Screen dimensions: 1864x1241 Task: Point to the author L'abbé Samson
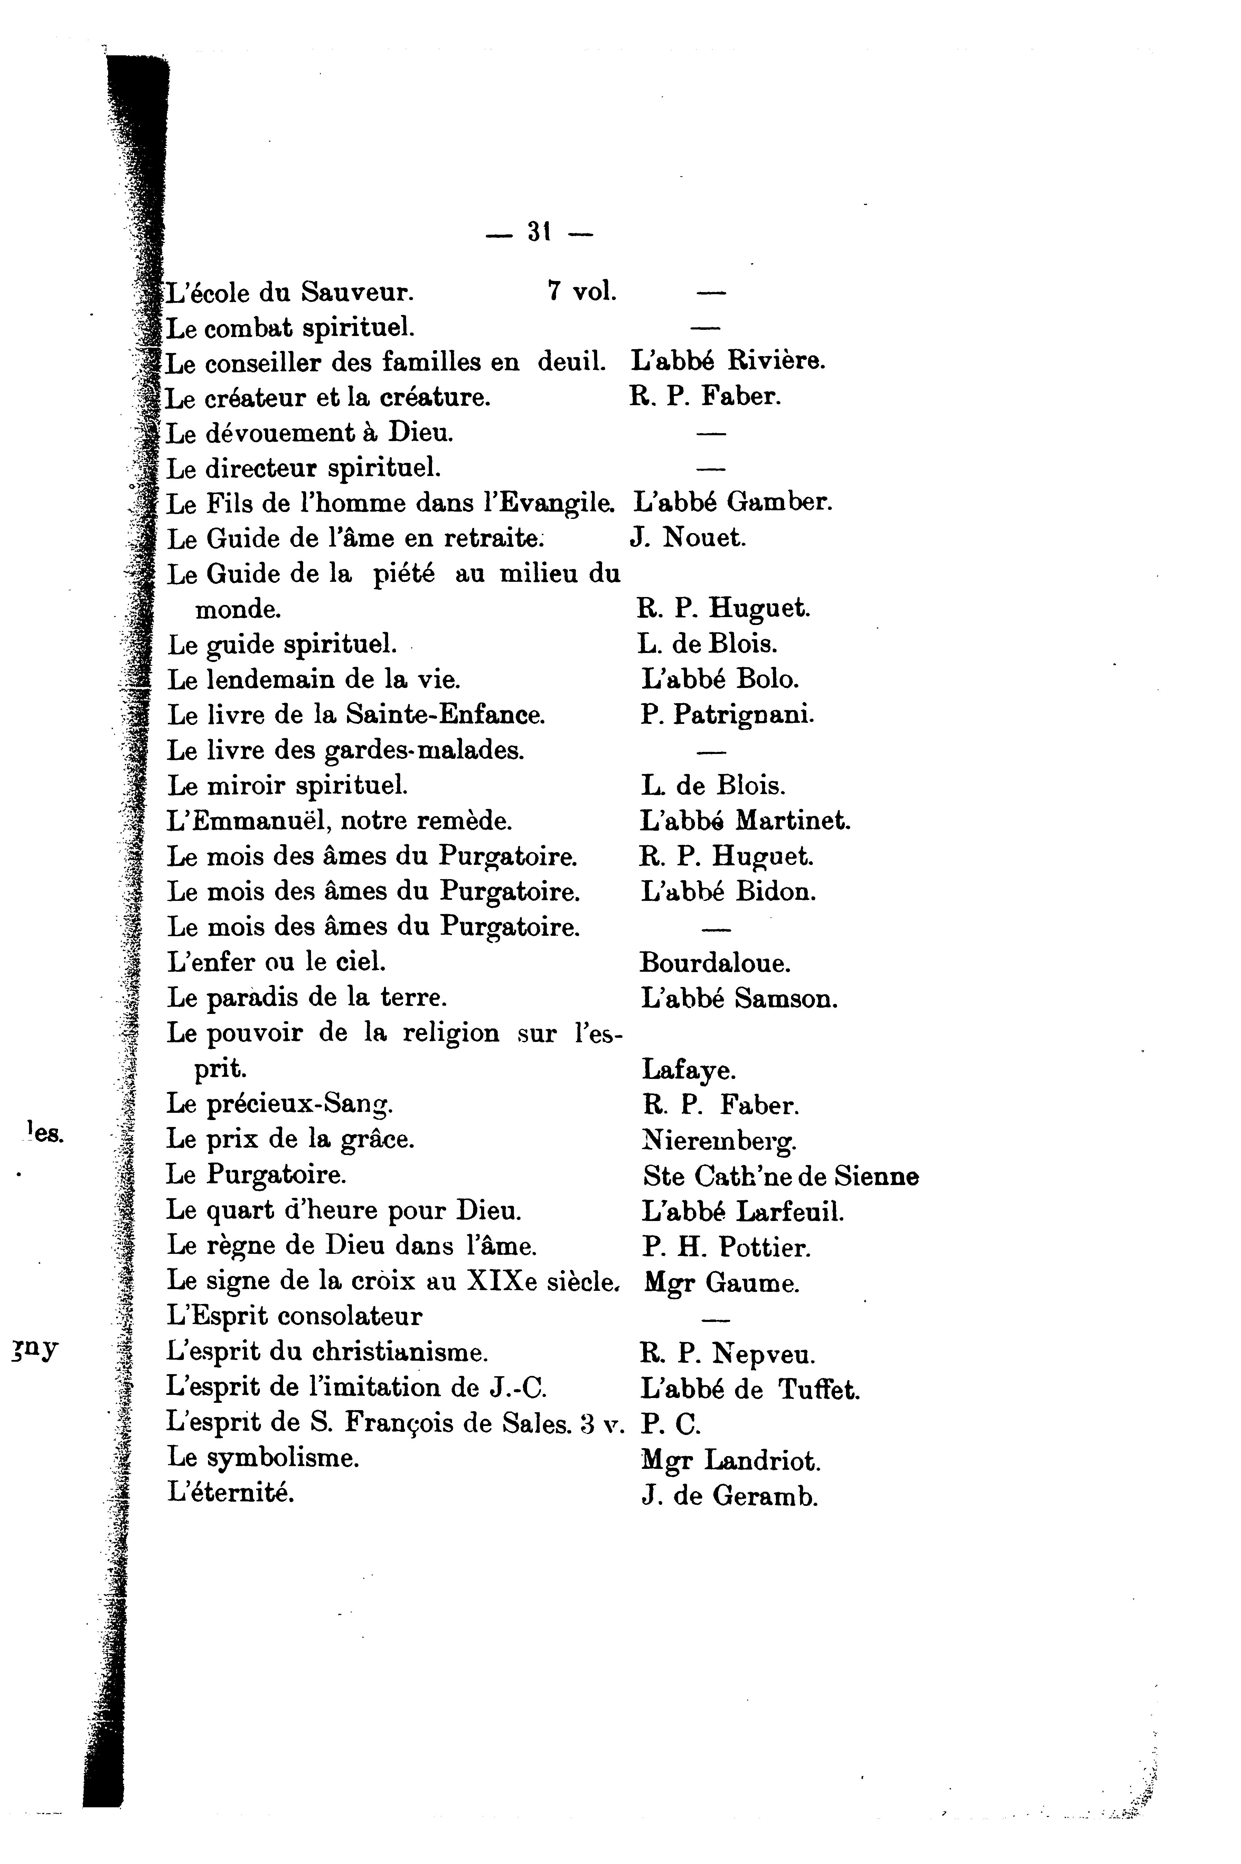pos(739,999)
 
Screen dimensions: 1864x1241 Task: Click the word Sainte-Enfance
pos(445,715)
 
